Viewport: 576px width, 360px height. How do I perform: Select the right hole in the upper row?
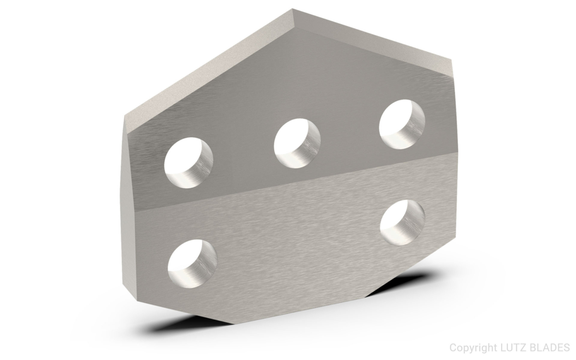(402, 124)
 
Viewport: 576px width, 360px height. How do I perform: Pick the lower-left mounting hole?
(192, 263)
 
